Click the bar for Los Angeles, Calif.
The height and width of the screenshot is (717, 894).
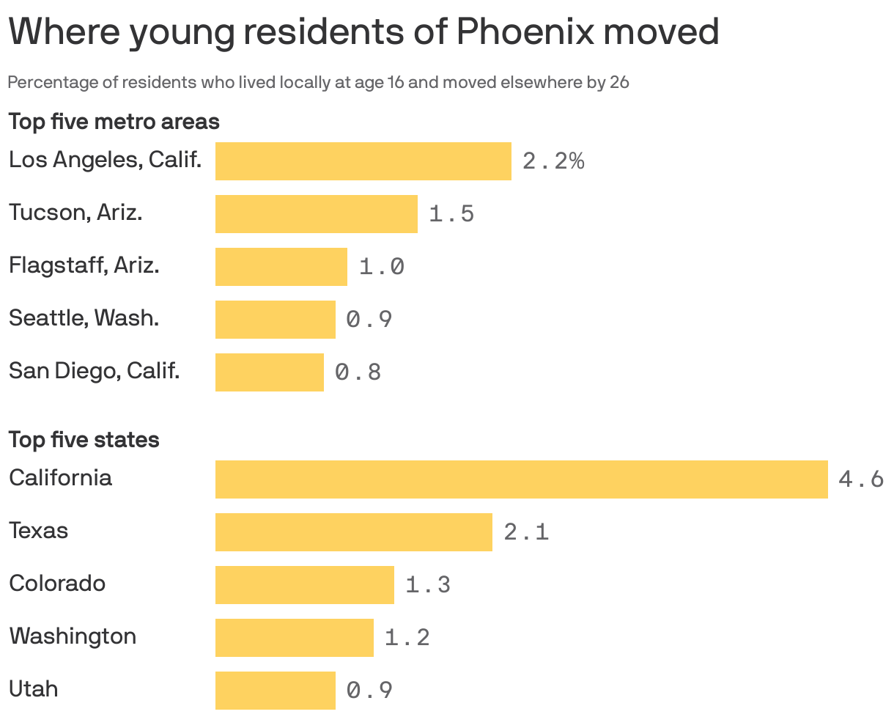pos(363,161)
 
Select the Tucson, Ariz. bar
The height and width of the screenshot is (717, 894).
pos(316,214)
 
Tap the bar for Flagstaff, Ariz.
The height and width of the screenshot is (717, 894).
pos(281,267)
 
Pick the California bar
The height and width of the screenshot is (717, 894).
pos(521,479)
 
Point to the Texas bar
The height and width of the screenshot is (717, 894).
pos(353,532)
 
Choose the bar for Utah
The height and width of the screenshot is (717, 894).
pos(275,691)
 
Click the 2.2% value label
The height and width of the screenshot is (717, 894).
pos(553,161)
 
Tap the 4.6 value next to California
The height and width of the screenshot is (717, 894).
pos(860,479)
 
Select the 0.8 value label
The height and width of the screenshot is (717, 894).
pos(358,372)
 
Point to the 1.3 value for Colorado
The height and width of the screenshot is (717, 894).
pos(428,585)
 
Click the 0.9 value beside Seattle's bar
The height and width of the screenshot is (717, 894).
pos(369,320)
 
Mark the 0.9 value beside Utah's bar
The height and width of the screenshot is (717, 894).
pos(369,691)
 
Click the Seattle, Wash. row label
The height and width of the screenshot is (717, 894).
pos(84,318)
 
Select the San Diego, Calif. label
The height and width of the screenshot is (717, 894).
pos(94,371)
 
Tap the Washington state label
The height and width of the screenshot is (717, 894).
pos(73,636)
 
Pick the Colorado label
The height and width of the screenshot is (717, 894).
pos(57,584)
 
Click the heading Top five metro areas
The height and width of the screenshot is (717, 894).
pos(114,121)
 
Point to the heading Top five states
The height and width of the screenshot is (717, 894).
pos(84,440)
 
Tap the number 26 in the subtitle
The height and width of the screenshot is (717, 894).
pos(619,82)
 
